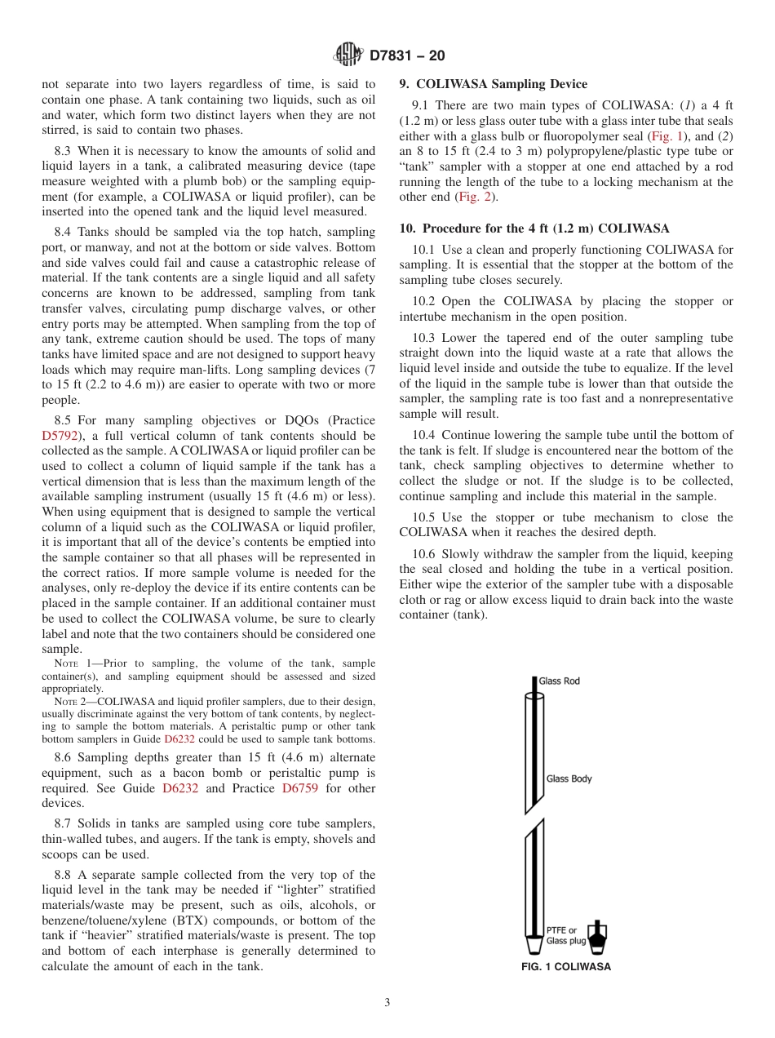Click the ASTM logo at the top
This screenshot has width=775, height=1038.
(x=348, y=55)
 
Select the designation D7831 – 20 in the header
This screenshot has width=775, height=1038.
(x=407, y=55)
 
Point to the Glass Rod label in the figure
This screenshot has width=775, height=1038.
(x=560, y=681)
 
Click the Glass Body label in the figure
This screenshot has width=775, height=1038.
(x=569, y=778)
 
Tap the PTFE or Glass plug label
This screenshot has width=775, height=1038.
(x=562, y=935)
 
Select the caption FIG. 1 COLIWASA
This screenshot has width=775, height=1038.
(x=566, y=967)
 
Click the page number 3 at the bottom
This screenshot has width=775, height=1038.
(x=387, y=1003)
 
